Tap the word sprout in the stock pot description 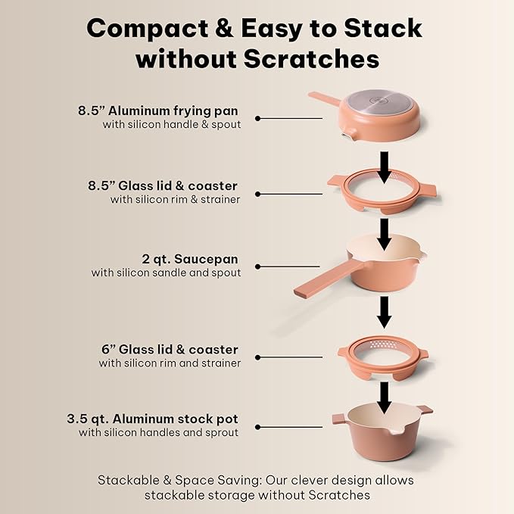pyautogui.click(x=221, y=432)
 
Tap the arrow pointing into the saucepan pyautogui.click(x=385, y=234)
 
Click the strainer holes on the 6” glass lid pyautogui.click(x=382, y=347)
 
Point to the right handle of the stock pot pyautogui.click(x=425, y=410)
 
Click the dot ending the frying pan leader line pyautogui.click(x=258, y=119)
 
